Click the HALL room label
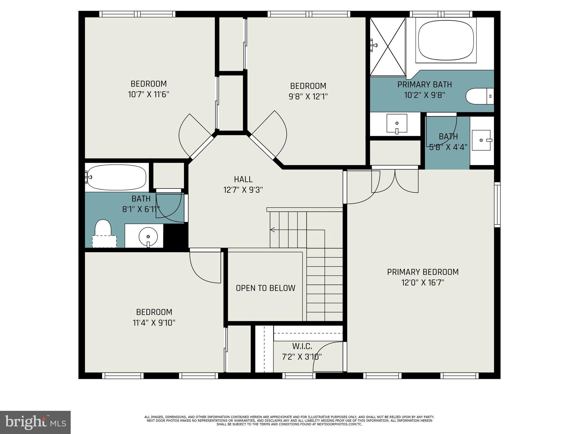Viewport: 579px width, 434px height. (x=243, y=179)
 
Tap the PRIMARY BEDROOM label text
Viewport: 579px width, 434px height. (x=423, y=272)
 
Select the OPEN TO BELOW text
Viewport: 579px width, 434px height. (x=265, y=288)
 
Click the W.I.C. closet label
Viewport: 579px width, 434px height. (x=302, y=346)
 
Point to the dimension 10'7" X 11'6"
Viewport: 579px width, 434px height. (x=149, y=94)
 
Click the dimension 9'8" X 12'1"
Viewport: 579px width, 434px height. (x=308, y=97)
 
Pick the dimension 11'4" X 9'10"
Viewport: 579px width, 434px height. (x=154, y=323)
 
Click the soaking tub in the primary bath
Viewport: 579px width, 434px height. (x=446, y=40)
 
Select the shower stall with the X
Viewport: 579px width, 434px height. (x=388, y=47)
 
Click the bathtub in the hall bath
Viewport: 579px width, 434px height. (x=116, y=177)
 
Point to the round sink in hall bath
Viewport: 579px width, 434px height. (x=148, y=236)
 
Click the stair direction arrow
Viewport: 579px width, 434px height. (x=273, y=230)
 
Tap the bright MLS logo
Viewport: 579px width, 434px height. (x=35, y=422)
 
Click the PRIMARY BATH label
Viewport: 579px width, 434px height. (x=424, y=85)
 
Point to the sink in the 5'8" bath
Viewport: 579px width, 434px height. (x=481, y=140)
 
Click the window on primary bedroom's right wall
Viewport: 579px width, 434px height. (x=497, y=205)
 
